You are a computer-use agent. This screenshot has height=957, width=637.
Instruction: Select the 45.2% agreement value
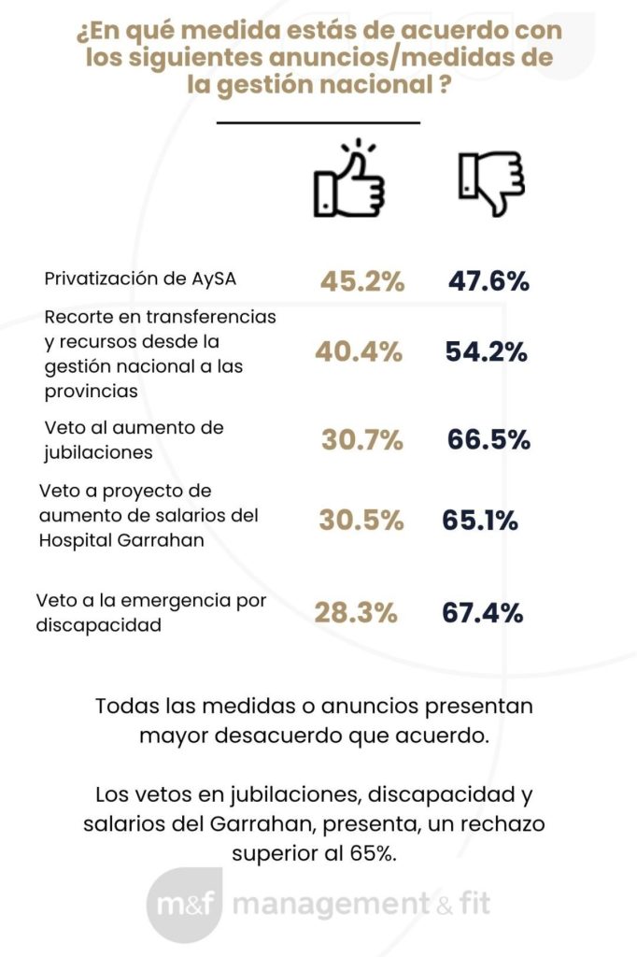click(362, 281)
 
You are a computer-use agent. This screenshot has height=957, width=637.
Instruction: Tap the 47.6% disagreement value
click(489, 281)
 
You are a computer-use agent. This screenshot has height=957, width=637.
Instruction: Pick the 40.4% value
click(360, 352)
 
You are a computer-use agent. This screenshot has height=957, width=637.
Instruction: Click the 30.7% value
click(362, 438)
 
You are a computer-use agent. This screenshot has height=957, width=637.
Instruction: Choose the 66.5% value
click(489, 438)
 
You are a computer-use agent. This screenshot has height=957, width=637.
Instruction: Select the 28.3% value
click(356, 613)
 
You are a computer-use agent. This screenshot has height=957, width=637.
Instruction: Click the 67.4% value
click(482, 613)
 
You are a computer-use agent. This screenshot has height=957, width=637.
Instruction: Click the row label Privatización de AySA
click(146, 279)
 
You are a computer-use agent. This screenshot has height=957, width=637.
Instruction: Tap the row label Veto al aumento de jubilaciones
click(134, 438)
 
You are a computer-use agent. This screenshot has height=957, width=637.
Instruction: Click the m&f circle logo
click(183, 905)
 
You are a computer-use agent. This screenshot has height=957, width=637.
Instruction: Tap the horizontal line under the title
click(318, 121)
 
